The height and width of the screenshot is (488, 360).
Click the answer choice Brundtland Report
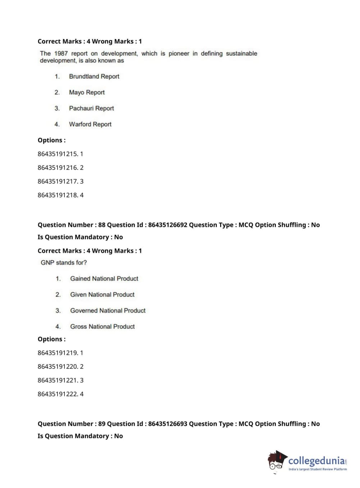pos(94,76)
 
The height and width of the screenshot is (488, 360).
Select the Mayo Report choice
pos(87,92)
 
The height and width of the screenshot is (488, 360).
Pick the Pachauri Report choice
pos(91,108)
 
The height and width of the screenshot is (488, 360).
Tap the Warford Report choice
pos(90,124)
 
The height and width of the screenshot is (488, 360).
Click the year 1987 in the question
pos(61,54)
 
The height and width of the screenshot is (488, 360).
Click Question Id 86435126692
pos(168,225)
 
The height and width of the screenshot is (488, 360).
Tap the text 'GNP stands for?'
pos(64,263)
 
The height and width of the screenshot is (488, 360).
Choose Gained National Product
pos(104,279)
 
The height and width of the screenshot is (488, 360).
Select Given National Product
pos(102,295)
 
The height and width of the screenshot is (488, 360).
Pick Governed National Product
pos(108,311)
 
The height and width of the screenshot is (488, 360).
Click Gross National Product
pos(102,327)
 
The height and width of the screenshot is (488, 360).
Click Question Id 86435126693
pos(168,424)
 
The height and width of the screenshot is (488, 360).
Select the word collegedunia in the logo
pos(316,461)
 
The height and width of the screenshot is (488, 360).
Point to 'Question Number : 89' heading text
pos(71,424)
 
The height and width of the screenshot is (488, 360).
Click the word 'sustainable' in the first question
pos(241,54)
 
